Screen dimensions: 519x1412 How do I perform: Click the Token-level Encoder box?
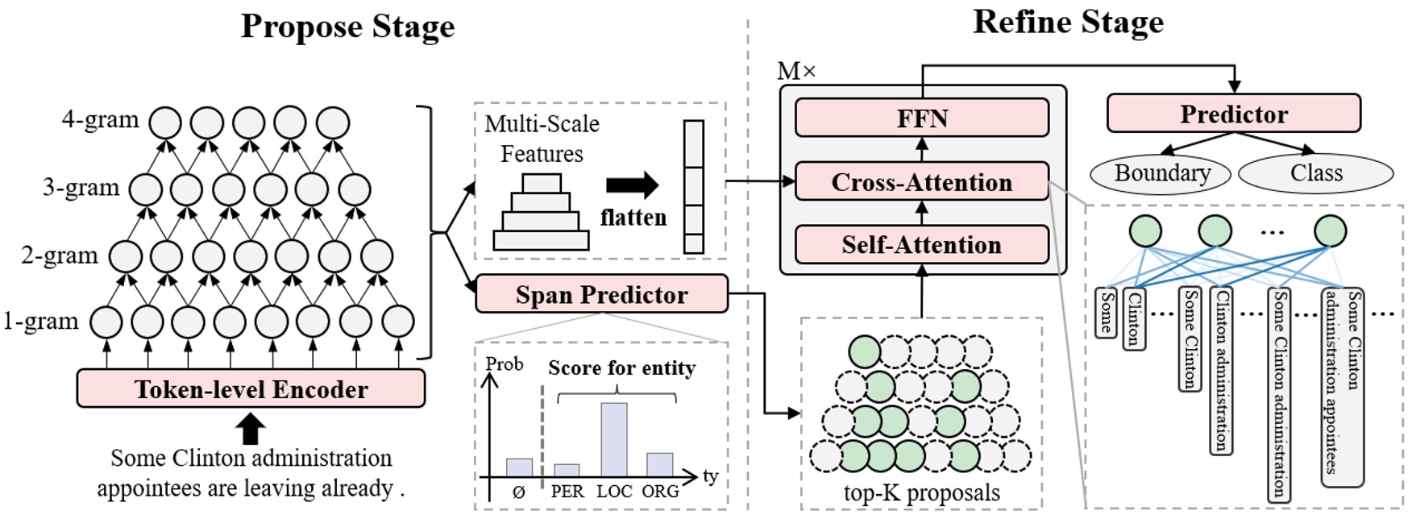click(251, 389)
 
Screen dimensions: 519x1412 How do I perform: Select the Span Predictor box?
click(601, 294)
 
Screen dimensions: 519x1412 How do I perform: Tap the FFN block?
click(922, 118)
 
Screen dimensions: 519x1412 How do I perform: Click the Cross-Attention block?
click(922, 182)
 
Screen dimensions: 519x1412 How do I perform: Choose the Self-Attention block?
click(922, 245)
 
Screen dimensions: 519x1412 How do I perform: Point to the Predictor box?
click(1233, 114)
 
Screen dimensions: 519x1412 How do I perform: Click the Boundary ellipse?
click(1161, 173)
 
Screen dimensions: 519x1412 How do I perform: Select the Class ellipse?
click(1315, 173)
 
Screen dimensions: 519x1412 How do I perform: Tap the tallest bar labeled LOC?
click(613, 439)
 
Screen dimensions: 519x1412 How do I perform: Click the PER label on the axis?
click(567, 492)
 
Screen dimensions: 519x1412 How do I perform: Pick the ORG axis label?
click(660, 492)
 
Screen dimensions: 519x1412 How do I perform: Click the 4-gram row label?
click(101, 120)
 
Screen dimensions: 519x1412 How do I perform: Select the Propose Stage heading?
click(347, 27)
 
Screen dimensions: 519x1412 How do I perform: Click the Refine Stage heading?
click(1068, 23)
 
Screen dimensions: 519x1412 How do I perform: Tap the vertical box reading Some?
click(1107, 312)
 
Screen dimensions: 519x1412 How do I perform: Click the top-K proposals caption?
click(921, 492)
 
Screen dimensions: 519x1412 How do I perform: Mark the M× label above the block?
click(795, 72)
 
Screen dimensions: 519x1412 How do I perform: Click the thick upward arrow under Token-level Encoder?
click(251, 429)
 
